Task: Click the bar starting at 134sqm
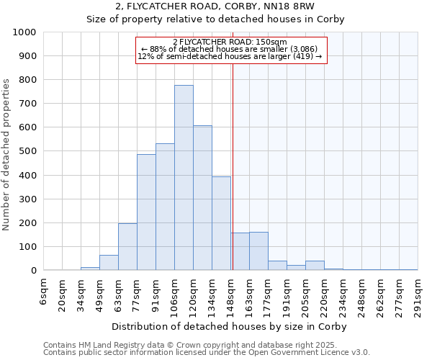click(221, 223)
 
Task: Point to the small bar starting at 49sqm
click(109, 263)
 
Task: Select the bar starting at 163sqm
click(258, 251)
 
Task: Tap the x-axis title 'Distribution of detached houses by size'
click(231, 326)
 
